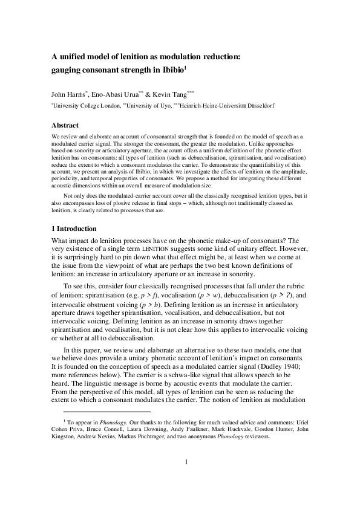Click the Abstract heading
point(65,125)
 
